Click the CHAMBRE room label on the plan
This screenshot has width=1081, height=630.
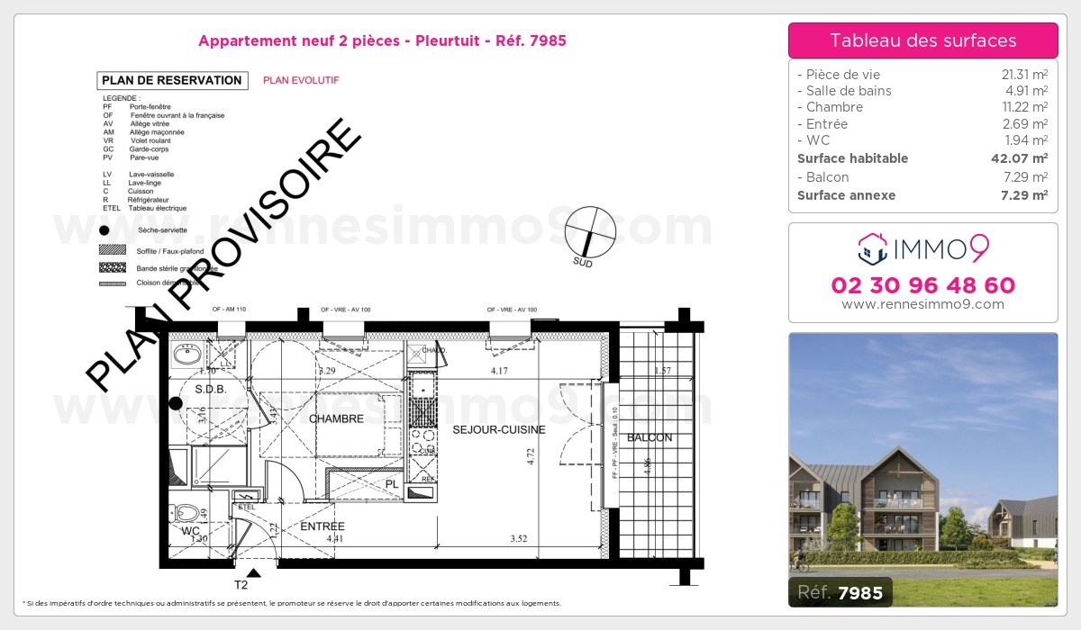(x=336, y=419)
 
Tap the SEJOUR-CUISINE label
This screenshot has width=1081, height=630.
(x=499, y=430)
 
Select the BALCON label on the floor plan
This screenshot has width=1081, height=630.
(x=650, y=438)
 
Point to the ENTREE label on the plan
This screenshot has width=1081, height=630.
(x=322, y=526)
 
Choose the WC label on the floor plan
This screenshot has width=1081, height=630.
(x=190, y=532)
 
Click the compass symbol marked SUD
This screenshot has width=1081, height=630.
(x=589, y=231)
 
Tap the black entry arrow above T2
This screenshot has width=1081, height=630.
(x=253, y=572)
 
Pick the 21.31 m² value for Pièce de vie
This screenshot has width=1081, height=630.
(x=1026, y=75)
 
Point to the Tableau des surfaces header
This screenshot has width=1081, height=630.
(x=922, y=40)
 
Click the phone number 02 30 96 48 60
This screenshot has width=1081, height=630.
(x=922, y=285)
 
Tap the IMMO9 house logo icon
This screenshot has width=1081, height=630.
(x=872, y=249)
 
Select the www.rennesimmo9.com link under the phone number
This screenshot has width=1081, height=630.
(x=922, y=304)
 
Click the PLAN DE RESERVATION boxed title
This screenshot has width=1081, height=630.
(x=172, y=80)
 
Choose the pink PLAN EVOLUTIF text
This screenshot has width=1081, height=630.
(x=301, y=80)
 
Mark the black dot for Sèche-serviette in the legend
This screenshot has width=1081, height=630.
(x=104, y=231)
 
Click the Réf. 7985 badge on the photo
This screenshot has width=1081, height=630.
(x=840, y=592)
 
